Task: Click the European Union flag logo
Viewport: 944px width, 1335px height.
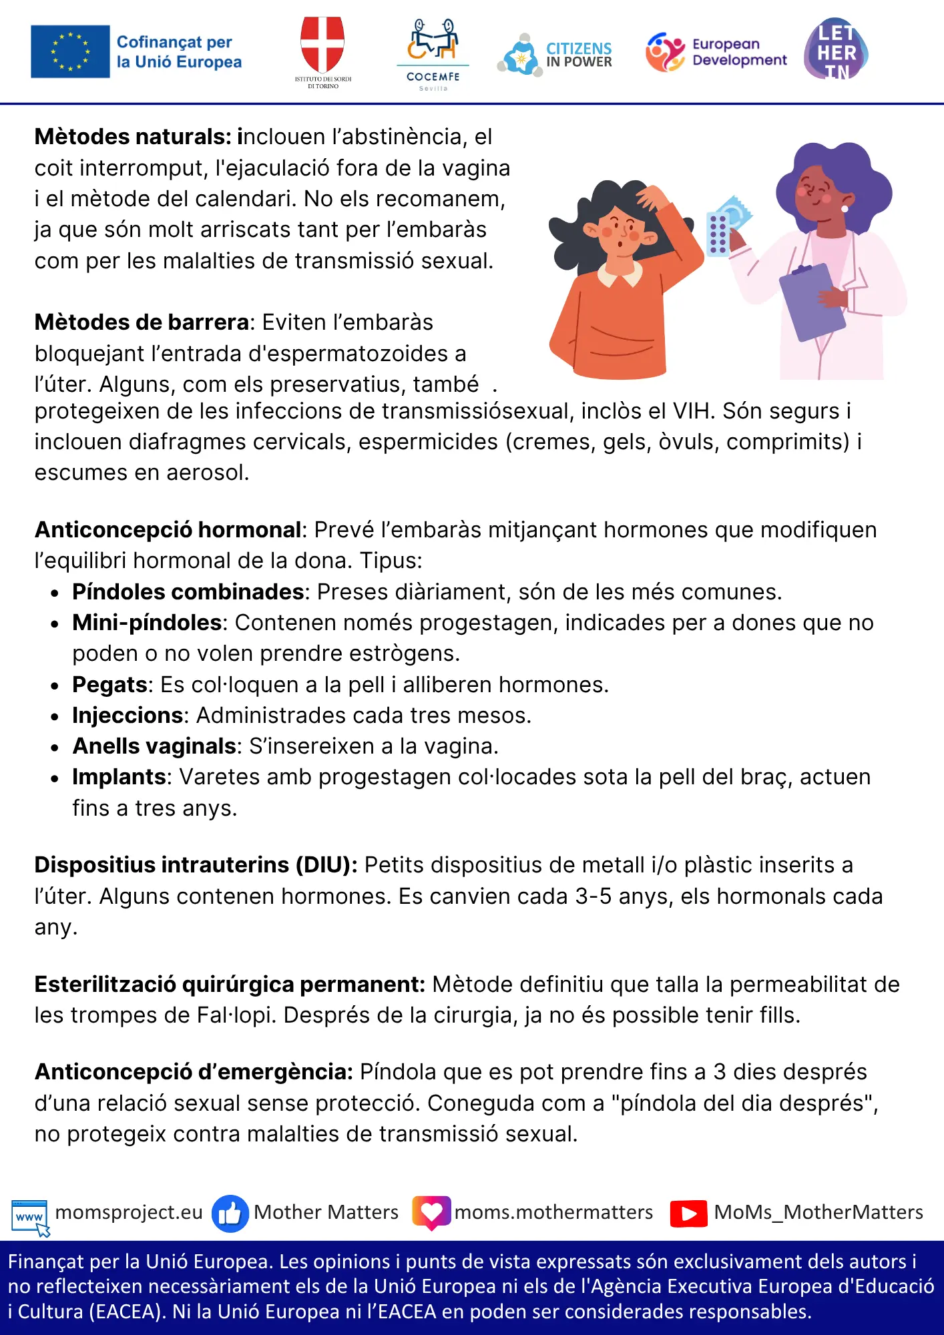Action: coord(70,51)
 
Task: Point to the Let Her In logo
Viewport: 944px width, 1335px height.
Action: coord(836,49)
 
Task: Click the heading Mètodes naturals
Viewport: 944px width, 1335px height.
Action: coord(133,137)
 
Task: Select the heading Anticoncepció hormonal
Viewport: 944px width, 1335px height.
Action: coord(168,530)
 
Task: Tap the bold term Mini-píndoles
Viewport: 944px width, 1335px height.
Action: coord(147,623)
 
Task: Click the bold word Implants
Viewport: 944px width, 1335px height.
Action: coord(119,777)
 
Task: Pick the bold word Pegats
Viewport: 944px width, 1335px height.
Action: coord(109,685)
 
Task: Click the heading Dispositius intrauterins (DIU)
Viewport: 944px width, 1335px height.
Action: coord(196,865)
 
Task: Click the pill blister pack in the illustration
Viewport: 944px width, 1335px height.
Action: coord(718,234)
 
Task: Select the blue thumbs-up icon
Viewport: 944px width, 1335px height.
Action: coord(230,1214)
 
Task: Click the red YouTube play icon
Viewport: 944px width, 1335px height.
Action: coord(688,1214)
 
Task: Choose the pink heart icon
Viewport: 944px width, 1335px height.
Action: coord(431,1212)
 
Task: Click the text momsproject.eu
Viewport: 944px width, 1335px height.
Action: coord(129,1212)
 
